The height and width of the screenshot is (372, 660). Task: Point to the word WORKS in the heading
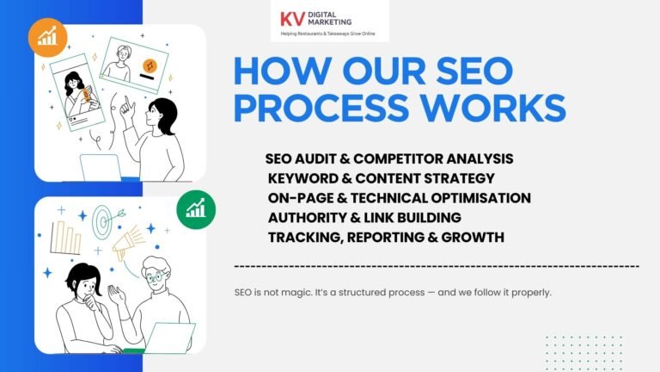coord(496,108)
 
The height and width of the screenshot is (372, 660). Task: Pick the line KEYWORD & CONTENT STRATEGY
coord(381,178)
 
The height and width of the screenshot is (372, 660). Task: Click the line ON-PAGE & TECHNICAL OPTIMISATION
coord(399,197)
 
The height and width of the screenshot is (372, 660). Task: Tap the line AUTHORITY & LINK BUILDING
coord(364,217)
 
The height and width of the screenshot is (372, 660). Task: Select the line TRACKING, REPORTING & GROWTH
coord(386,236)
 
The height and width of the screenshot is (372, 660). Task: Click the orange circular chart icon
coord(47,37)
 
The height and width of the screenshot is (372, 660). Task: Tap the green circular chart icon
coord(196,209)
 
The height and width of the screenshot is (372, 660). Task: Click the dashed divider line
coord(436,266)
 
